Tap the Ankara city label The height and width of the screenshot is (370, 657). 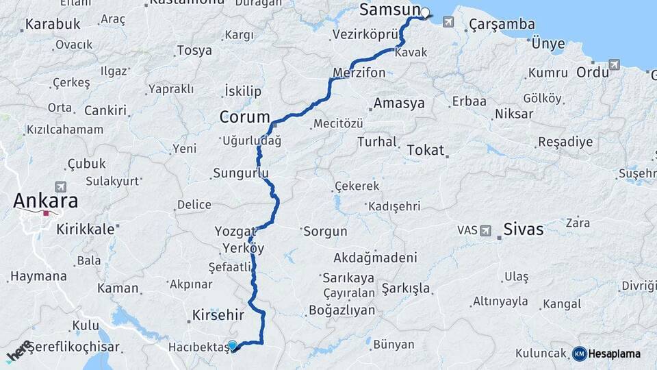46,201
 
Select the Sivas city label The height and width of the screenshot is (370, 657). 523,230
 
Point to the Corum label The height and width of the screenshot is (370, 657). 244,117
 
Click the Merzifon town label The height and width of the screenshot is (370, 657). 359,72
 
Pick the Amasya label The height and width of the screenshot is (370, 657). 400,104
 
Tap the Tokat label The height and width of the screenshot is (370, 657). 425,150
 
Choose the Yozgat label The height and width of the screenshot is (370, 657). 235,232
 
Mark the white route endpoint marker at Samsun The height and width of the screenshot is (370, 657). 425,12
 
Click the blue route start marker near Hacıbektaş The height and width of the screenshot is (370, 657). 233,346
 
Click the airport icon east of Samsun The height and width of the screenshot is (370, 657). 448,22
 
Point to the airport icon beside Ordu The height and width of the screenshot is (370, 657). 613,64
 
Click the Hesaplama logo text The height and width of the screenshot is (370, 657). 614,354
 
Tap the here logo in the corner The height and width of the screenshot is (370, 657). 18,351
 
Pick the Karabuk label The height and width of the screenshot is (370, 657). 53,25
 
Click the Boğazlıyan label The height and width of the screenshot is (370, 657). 342,310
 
